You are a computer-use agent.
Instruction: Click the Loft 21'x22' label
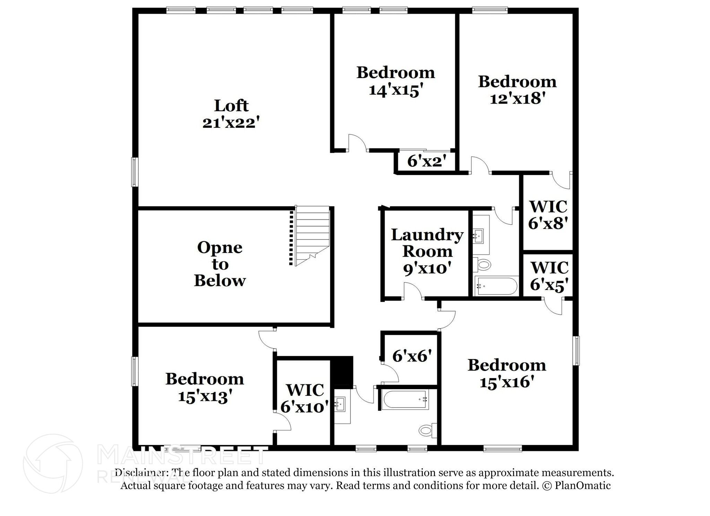tap(231, 114)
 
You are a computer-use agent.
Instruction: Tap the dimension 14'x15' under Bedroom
tap(396, 90)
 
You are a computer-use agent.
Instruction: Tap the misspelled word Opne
tap(219, 248)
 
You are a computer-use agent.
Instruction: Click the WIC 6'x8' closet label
tap(548, 215)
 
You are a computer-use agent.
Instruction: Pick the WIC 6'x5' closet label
tap(549, 276)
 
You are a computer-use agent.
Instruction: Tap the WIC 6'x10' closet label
tap(304, 398)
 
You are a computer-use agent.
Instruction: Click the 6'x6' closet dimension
tap(412, 356)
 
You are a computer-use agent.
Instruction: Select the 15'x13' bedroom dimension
tap(205, 396)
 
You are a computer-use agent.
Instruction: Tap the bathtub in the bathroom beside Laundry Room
tap(496, 286)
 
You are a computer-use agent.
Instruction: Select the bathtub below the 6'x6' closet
tap(405, 400)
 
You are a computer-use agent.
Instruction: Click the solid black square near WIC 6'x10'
tap(341, 370)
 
